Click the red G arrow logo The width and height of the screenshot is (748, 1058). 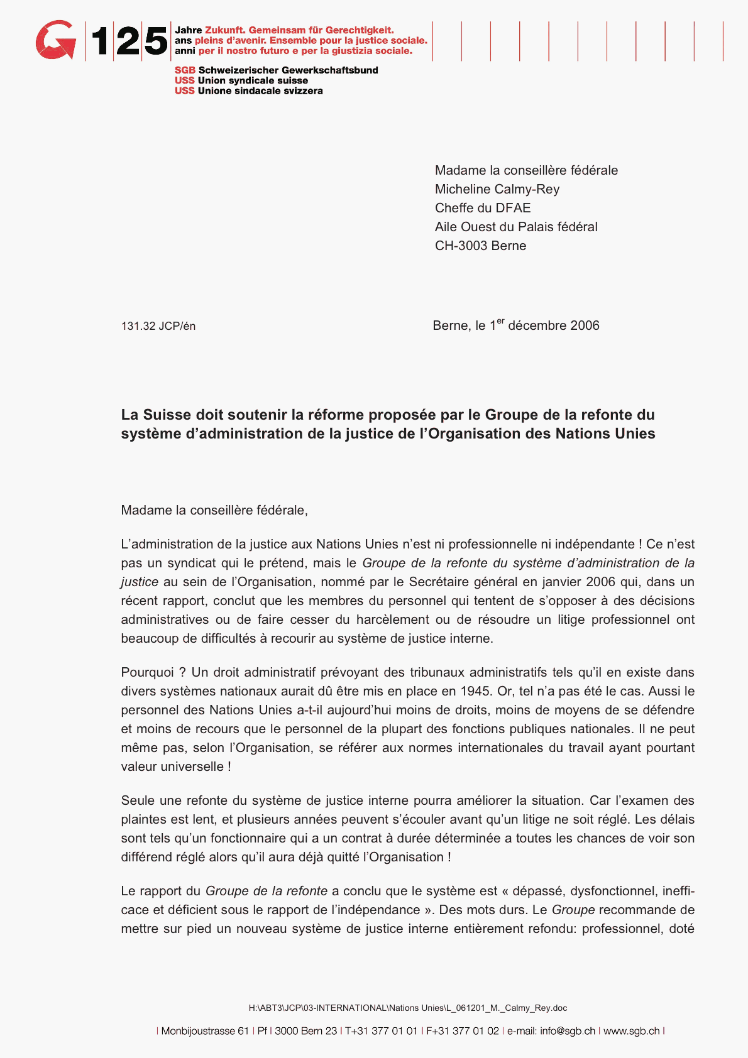click(x=55, y=40)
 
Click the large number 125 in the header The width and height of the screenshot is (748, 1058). click(x=129, y=41)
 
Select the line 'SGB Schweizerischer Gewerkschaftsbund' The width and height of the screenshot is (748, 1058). click(x=277, y=70)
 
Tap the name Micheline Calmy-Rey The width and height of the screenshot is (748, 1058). click(x=497, y=189)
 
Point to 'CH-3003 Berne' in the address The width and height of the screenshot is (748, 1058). click(x=480, y=246)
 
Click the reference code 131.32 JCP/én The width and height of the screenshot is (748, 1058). click(x=158, y=326)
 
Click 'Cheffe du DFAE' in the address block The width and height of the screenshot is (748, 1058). click(x=483, y=208)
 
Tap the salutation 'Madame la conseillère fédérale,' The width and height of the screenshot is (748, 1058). click(x=214, y=510)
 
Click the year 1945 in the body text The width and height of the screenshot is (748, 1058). click(x=475, y=691)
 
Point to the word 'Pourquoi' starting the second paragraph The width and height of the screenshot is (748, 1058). click(x=147, y=672)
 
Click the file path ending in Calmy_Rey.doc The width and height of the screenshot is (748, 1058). click(x=407, y=1008)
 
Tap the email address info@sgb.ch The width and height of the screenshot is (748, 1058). click(x=568, y=1031)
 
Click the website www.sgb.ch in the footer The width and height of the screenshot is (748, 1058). click(x=631, y=1031)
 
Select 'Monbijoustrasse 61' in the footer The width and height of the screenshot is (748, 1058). click(x=205, y=1031)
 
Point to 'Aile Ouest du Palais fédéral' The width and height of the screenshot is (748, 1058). click(x=516, y=227)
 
